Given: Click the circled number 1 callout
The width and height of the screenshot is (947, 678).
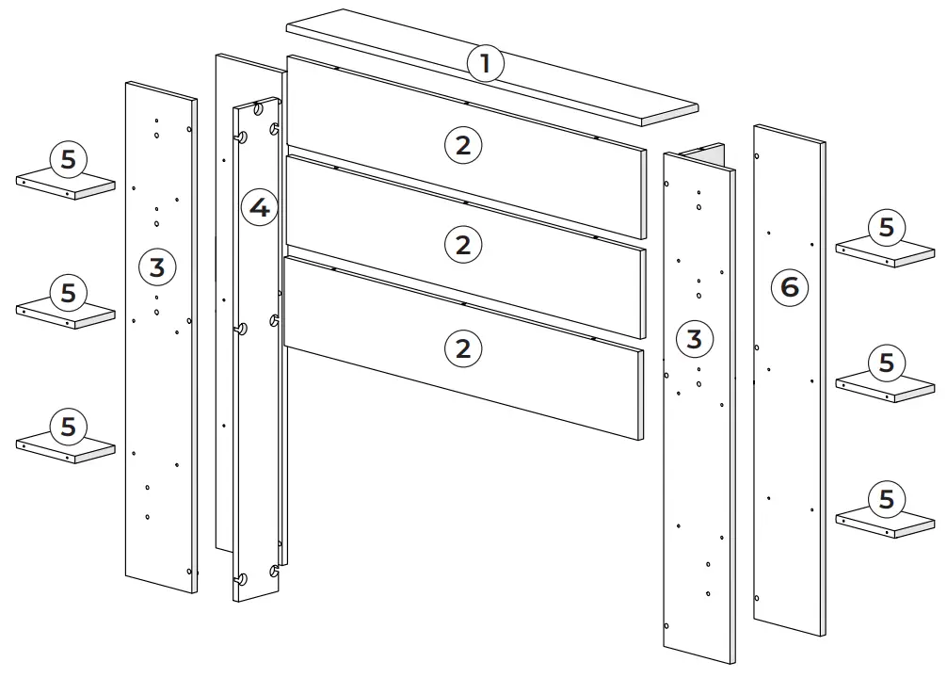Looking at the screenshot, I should (486, 65).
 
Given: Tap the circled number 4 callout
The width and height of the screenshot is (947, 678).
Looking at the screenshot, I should (260, 207).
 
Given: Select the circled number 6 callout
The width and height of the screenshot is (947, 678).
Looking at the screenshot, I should (790, 286).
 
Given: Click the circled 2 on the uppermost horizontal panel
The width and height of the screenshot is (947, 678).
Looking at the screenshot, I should (462, 145).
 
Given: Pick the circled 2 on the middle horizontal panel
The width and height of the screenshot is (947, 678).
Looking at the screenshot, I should (462, 245).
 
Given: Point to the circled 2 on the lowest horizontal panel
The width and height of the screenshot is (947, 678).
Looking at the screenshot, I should (462, 348).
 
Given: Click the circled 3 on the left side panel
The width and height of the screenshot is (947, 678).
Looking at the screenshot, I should (157, 267).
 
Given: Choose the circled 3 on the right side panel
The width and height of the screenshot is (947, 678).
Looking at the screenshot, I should (694, 339).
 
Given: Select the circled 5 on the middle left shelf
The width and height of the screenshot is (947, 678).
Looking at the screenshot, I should (68, 293).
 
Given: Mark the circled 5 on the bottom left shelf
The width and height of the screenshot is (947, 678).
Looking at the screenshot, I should (68, 427).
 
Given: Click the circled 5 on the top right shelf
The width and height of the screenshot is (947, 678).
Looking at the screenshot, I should (886, 228).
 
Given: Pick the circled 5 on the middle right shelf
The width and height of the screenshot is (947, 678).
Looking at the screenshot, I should (886, 363).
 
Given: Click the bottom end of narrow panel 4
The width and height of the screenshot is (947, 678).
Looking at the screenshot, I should (256, 596).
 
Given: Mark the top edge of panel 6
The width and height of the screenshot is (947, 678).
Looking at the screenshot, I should (790, 133).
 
